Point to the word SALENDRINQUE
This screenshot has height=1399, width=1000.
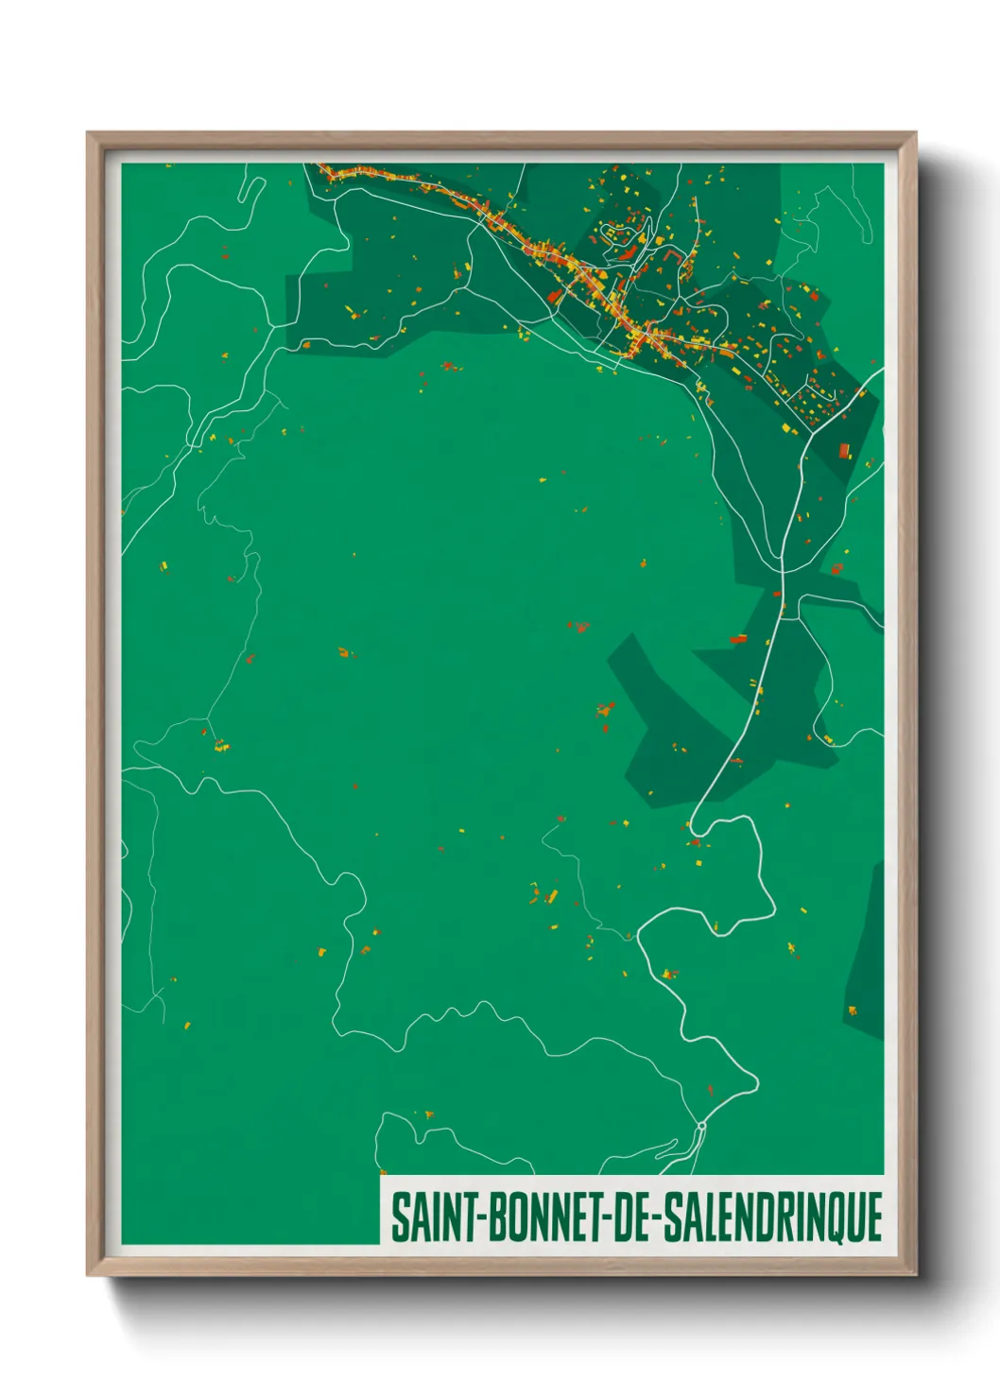coord(772,1218)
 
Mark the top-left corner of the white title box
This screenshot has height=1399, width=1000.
coord(381,1177)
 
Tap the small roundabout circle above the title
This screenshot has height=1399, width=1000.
coord(701,1127)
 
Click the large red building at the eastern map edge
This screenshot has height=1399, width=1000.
coord(844,450)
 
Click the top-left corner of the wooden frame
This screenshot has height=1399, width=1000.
coord(88,133)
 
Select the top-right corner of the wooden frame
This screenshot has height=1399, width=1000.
coord(915,133)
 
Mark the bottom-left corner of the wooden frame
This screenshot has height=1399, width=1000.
coord(88,1274)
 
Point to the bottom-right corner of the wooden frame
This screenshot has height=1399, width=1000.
coord(915,1274)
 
